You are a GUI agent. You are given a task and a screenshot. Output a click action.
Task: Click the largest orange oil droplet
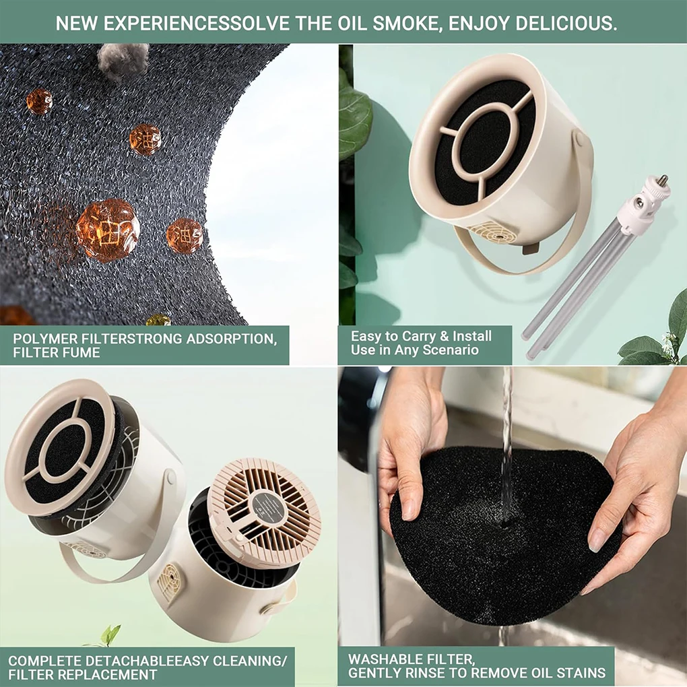pyautogui.click(x=107, y=230)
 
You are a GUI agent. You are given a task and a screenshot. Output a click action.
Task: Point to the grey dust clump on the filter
pyautogui.click(x=123, y=58)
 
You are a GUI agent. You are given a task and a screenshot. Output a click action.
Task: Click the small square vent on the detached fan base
pyautogui.click(x=168, y=579)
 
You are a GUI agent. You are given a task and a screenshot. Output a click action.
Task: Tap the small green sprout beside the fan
pyautogui.click(x=110, y=634)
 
